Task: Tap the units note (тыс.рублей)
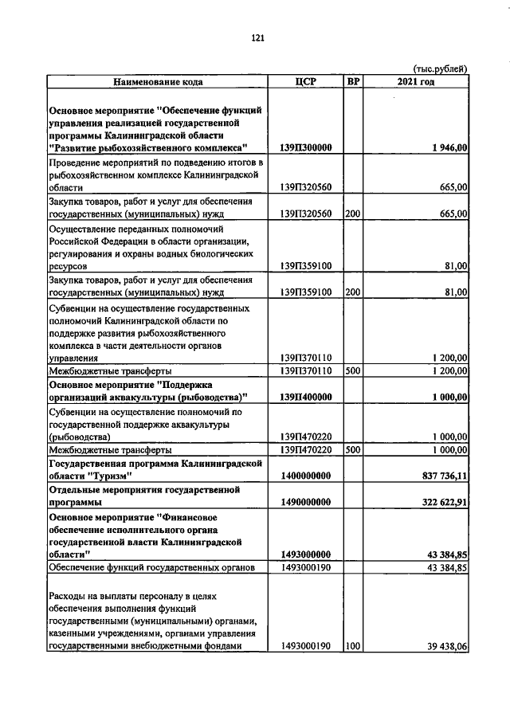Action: [x=440, y=69]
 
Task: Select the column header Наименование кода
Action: [x=157, y=81]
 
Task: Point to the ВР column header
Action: [x=353, y=81]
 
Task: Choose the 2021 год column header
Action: [x=416, y=81]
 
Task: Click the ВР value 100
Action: [x=353, y=647]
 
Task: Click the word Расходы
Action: [x=69, y=596]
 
